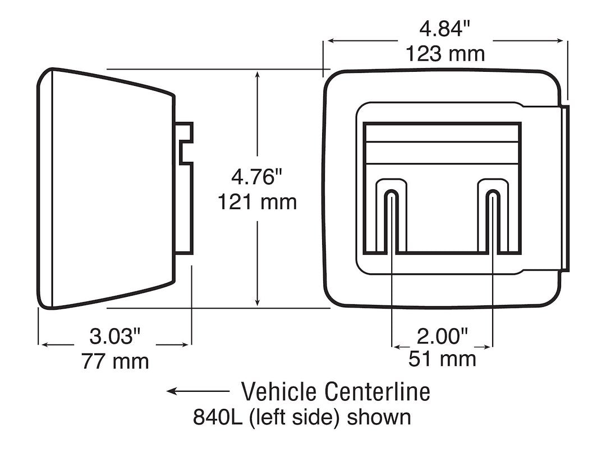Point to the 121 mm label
pyautogui.click(x=256, y=201)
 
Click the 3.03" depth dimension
pyautogui.click(x=114, y=337)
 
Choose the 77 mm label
pyautogui.click(x=114, y=360)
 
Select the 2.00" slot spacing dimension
pyautogui.click(x=442, y=336)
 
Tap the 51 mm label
pyautogui.click(x=442, y=359)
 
